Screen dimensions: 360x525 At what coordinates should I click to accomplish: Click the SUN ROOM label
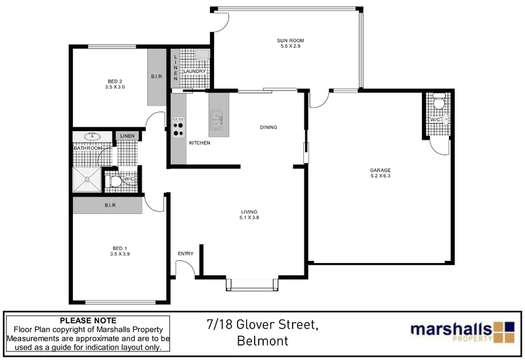click(290, 41)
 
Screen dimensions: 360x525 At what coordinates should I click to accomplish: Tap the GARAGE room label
click(380, 170)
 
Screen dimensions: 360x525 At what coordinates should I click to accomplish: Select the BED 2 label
click(115, 81)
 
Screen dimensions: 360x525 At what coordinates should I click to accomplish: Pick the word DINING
click(269, 127)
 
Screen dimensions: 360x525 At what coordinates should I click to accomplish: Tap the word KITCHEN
click(199, 143)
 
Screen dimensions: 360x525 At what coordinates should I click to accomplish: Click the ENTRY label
click(186, 254)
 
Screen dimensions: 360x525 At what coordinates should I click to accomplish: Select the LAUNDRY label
click(195, 71)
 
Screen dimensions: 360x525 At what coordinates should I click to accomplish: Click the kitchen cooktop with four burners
click(178, 127)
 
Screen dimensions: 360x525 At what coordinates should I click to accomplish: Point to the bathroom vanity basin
click(92, 137)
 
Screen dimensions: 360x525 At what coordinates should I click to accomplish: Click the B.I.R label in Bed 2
click(156, 77)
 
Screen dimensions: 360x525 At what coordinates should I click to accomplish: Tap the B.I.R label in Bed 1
click(110, 205)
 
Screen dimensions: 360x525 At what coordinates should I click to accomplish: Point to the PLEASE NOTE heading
click(87, 320)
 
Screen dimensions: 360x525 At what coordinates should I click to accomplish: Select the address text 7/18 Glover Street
click(262, 325)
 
